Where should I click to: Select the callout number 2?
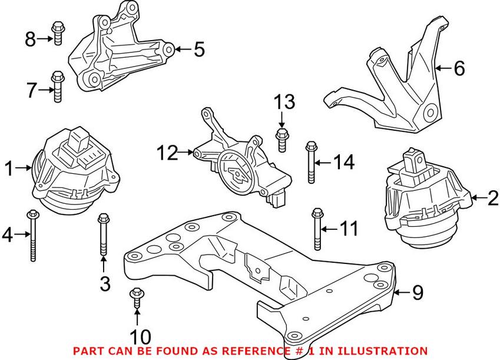click(492, 198)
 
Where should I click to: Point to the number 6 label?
click(459, 69)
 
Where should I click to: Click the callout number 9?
click(418, 292)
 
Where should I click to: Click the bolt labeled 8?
click(57, 33)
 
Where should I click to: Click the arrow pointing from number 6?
click(443, 69)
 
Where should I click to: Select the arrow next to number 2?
click(478, 198)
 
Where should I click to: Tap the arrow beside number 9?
click(402, 292)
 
